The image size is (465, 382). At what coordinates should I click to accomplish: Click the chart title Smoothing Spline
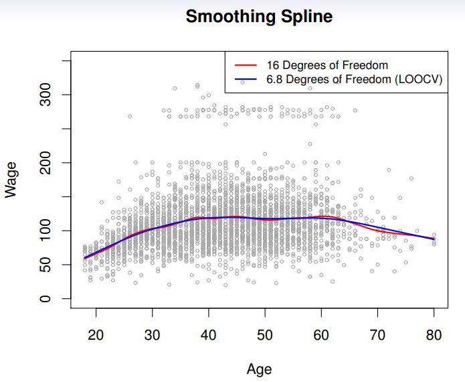[x=259, y=16]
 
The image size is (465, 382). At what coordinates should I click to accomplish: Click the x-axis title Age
[x=259, y=368]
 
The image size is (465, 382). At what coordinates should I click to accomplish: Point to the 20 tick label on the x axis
[x=96, y=336]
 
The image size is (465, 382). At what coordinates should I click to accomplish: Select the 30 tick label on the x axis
[x=153, y=336]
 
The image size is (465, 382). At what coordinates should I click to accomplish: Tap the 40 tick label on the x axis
[x=209, y=336]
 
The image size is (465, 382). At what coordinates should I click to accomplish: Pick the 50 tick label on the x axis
[x=265, y=336]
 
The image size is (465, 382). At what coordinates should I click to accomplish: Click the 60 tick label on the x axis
[x=321, y=336]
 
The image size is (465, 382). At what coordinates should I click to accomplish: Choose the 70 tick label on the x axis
[x=377, y=336]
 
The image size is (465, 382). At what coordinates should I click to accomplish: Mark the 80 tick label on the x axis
[x=434, y=336]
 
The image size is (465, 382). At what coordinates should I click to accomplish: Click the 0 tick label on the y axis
[x=46, y=299]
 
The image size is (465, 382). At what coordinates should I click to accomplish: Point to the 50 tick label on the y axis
[x=46, y=265]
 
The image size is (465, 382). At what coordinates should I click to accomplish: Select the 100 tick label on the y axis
[x=46, y=231]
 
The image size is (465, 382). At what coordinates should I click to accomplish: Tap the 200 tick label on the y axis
[x=46, y=163]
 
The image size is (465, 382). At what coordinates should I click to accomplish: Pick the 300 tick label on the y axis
[x=46, y=95]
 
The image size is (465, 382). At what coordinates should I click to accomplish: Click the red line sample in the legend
[x=245, y=66]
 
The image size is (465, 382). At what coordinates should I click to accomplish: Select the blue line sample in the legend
[x=245, y=80]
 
